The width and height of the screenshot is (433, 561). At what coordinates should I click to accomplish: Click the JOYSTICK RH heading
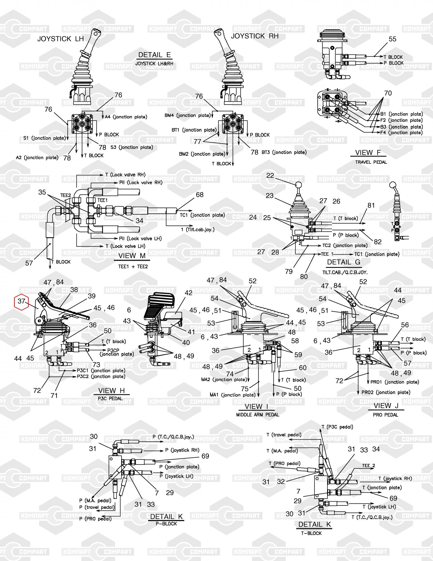tap(255, 36)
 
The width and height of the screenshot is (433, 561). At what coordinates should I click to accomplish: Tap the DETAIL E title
tap(155, 55)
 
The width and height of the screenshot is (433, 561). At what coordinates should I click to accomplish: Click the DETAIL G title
tap(344, 262)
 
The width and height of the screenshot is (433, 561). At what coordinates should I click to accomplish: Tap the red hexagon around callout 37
tap(22, 302)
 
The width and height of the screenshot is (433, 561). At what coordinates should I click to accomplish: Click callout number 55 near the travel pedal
tap(393, 39)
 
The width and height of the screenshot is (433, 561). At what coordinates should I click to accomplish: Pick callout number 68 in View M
tap(200, 195)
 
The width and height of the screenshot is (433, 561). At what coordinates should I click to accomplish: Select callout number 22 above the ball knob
tap(270, 175)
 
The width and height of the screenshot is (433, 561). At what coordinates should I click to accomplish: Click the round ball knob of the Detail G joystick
tap(299, 185)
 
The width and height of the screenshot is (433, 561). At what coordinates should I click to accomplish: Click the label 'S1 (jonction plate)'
tap(45, 138)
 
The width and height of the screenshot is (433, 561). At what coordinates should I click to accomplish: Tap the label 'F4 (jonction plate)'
tap(402, 133)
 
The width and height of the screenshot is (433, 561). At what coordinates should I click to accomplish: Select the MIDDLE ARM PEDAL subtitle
tap(258, 414)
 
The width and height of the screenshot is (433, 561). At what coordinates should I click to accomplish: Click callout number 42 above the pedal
tap(188, 293)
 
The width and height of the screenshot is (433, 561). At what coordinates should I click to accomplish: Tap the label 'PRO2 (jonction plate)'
tap(386, 392)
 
